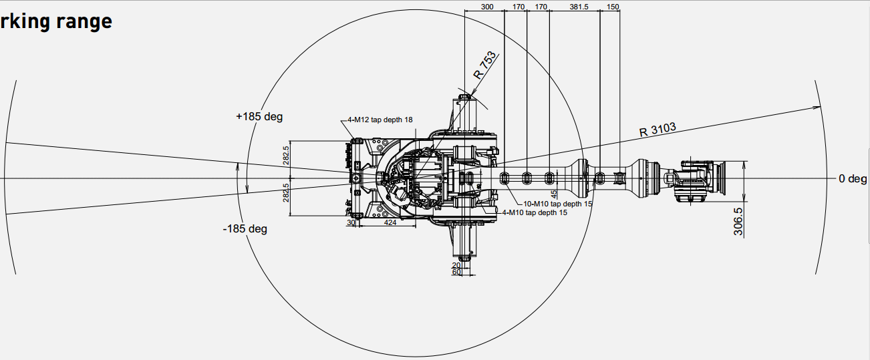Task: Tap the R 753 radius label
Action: tap(484, 65)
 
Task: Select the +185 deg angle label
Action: tap(259, 117)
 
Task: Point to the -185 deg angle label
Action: tap(245, 229)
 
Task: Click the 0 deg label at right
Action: tap(853, 179)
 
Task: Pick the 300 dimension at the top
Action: tap(487, 7)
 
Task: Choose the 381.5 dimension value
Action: tap(574, 7)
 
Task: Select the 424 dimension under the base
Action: tap(390, 223)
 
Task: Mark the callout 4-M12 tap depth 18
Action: tap(380, 120)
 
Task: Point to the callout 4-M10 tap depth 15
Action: tap(535, 213)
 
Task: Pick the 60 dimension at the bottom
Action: tap(456, 272)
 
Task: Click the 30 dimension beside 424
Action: tap(351, 223)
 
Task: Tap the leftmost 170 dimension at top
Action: tap(518, 7)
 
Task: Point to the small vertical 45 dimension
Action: tap(553, 194)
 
